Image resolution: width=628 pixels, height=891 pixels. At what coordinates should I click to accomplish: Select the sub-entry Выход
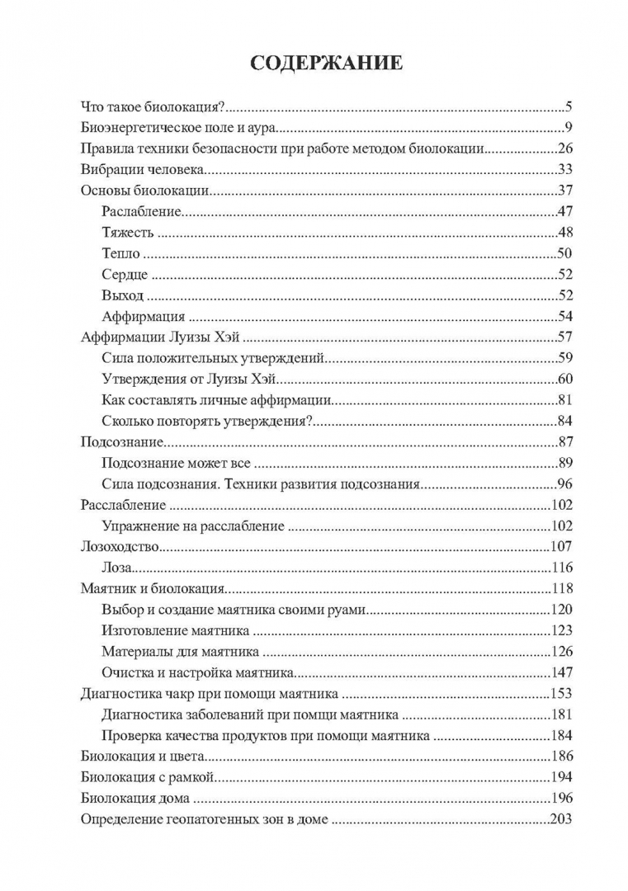point(123,295)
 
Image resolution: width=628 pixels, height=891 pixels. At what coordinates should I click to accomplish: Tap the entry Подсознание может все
point(176,464)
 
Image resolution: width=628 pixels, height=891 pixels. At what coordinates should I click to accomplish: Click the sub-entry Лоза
point(117,568)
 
